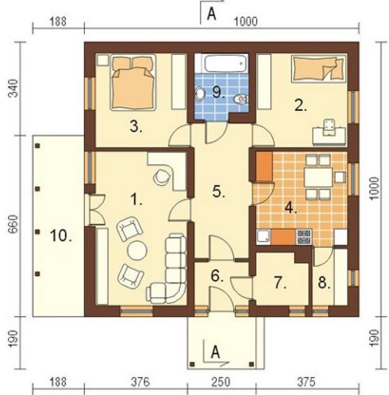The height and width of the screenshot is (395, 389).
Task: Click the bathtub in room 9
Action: point(225,64)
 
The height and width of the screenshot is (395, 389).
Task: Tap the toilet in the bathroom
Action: point(240,99)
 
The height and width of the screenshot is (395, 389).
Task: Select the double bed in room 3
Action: point(133,82)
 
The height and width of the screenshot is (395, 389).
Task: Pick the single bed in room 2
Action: point(318,69)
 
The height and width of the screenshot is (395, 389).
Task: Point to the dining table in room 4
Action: point(318,177)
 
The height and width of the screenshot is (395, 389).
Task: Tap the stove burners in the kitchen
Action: point(303,237)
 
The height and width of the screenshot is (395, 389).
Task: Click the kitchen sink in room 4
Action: point(263,237)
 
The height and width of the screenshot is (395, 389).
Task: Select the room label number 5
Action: point(219,192)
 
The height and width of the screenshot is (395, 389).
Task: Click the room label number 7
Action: point(280,283)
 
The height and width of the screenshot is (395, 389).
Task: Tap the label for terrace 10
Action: point(61,236)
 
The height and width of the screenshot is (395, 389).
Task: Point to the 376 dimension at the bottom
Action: point(140,382)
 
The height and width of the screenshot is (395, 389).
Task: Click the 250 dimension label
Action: point(221,382)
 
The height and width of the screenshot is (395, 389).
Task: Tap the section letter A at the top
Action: point(211,14)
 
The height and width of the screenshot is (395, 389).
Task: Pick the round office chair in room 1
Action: point(162,176)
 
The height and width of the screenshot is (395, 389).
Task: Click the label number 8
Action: point(324,283)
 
